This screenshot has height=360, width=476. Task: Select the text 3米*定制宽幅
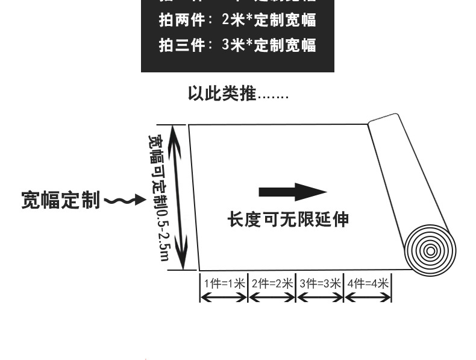pyautogui.click(x=269, y=45)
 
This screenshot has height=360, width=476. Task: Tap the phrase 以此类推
pyautogui.click(x=222, y=95)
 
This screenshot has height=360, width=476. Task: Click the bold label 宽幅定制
pyautogui.click(x=60, y=200)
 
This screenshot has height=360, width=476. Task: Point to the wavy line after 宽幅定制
pyautogui.click(x=124, y=200)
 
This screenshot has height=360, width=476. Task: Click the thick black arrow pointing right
pyautogui.click(x=292, y=193)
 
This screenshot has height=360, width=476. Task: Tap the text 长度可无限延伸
pyautogui.click(x=288, y=219)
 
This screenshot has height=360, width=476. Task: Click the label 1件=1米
pyautogui.click(x=224, y=283)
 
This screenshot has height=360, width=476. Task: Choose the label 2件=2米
pyautogui.click(x=272, y=283)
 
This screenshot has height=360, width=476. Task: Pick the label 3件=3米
pyautogui.click(x=320, y=283)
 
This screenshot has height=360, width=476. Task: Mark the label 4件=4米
pyautogui.click(x=368, y=283)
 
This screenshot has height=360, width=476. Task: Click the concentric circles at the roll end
pyautogui.click(x=430, y=250)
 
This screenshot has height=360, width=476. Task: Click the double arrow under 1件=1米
pyautogui.click(x=224, y=297)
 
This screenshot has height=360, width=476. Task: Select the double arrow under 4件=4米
pyautogui.click(x=368, y=297)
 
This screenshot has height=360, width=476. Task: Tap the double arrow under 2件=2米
pyautogui.click(x=272, y=297)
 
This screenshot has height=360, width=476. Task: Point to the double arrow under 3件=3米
pyautogui.click(x=320, y=297)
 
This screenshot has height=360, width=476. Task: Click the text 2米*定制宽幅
pyautogui.click(x=269, y=20)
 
